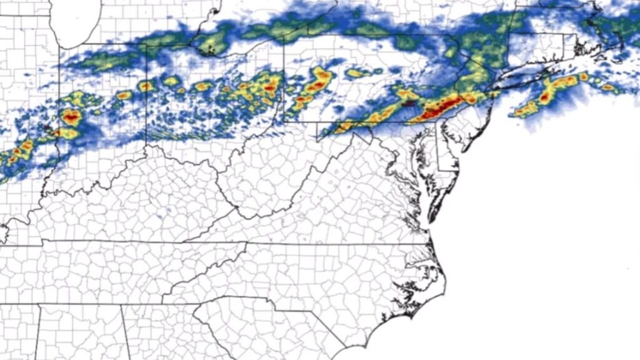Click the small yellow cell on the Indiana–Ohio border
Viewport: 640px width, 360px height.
[146, 86]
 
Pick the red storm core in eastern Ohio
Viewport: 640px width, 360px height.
[269, 88]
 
